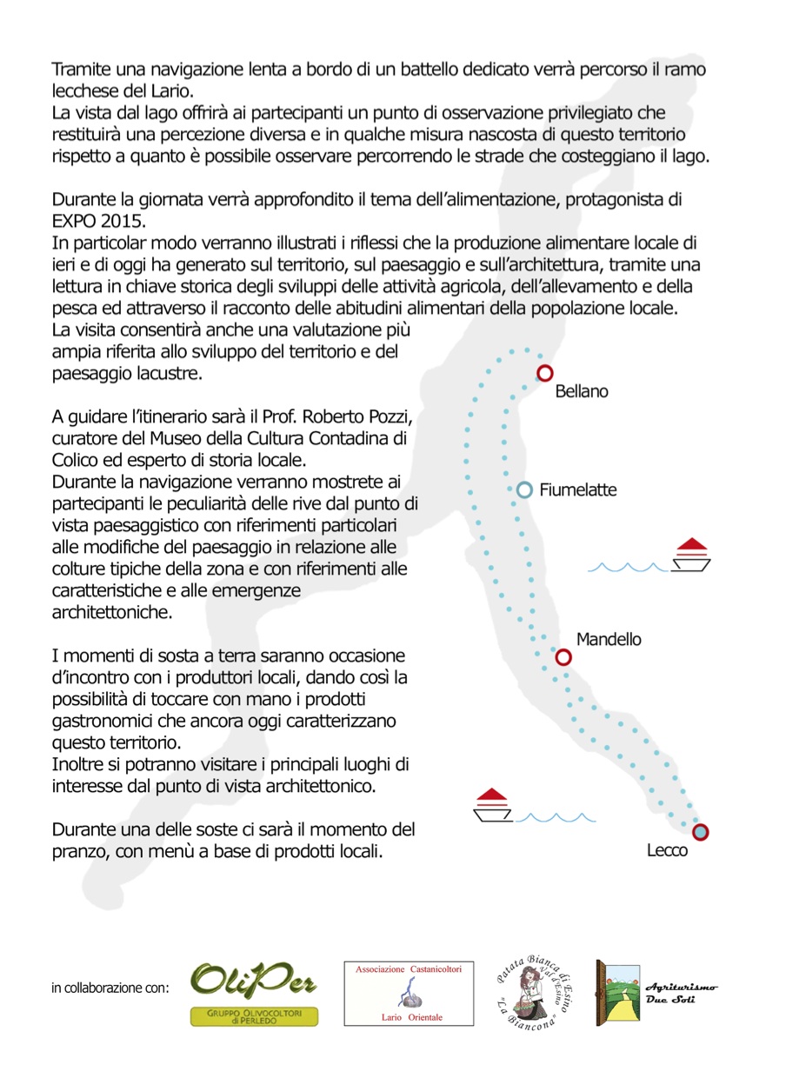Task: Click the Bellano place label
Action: [x=582, y=391]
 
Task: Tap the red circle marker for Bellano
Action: [x=545, y=373]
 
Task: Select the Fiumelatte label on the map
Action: [x=577, y=490]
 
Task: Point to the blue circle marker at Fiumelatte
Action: [x=524, y=490]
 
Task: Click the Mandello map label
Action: [x=609, y=640]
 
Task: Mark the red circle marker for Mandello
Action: [x=563, y=657]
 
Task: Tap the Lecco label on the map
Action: [x=667, y=851]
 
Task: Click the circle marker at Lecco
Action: [x=701, y=832]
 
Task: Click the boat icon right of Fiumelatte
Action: [x=692, y=556]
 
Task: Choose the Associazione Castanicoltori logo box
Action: [x=409, y=993]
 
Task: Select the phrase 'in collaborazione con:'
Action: [x=110, y=988]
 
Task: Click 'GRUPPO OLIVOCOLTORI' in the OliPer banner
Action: [x=254, y=1014]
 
